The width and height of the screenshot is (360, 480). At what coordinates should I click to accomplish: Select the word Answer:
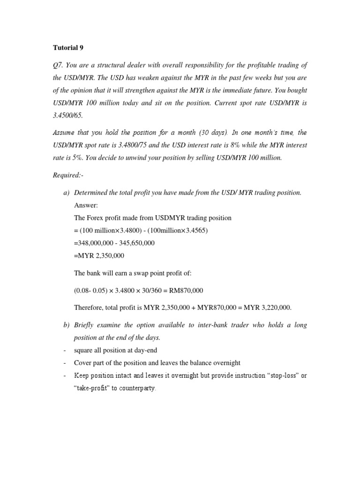click(x=86, y=205)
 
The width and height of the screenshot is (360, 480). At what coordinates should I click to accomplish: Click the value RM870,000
click(x=183, y=291)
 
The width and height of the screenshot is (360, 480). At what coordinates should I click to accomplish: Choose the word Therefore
click(x=89, y=307)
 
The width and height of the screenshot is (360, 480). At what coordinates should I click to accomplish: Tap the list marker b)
click(x=67, y=325)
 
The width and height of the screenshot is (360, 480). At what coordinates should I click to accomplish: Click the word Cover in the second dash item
click(x=83, y=363)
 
